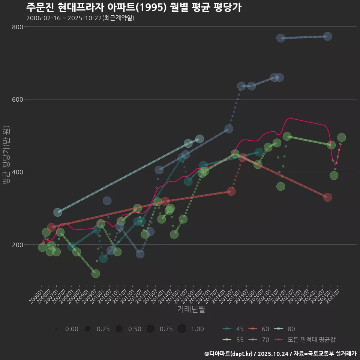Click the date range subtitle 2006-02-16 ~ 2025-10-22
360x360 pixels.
tap(80, 18)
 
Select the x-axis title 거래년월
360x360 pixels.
tap(191, 309)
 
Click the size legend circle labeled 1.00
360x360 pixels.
tap(182, 329)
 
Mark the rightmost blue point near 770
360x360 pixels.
tap(327, 36)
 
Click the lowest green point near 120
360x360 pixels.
tap(96, 274)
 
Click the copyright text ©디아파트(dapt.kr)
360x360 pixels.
tap(229, 354)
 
